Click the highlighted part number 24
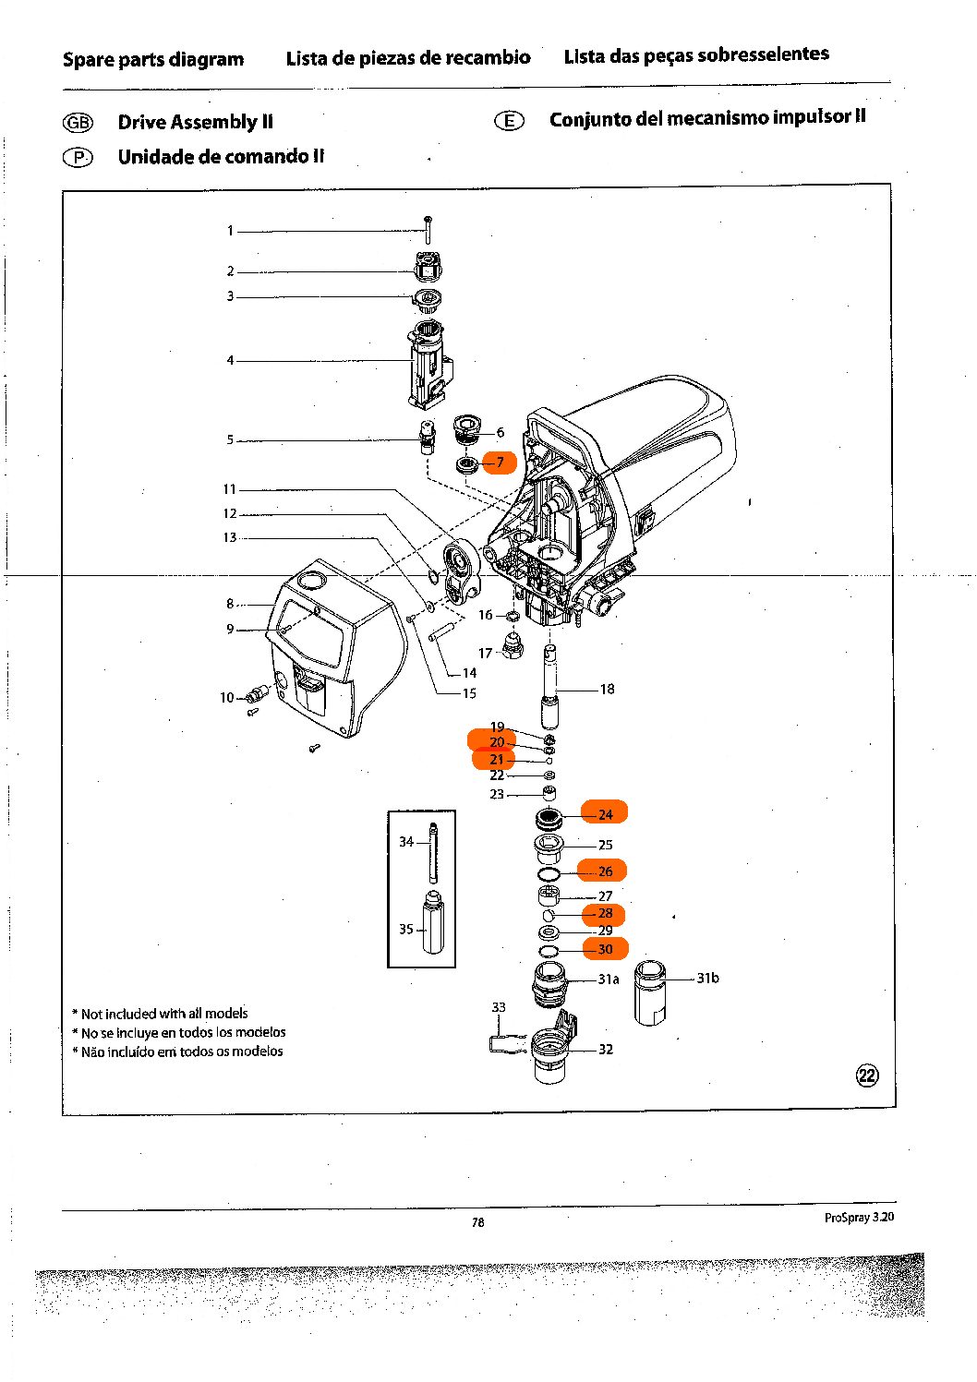605,813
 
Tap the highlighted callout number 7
500,462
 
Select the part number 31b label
707,978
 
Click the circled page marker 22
867,1075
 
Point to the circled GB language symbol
78,123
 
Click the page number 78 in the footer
477,1222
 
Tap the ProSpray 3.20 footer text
859,1218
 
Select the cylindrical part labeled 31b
650,992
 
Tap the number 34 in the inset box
406,841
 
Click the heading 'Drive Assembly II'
195,122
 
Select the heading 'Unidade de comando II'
221,157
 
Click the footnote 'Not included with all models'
164,1014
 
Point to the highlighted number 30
605,949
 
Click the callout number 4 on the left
230,360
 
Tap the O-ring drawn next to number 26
549,873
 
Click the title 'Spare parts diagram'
153,60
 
